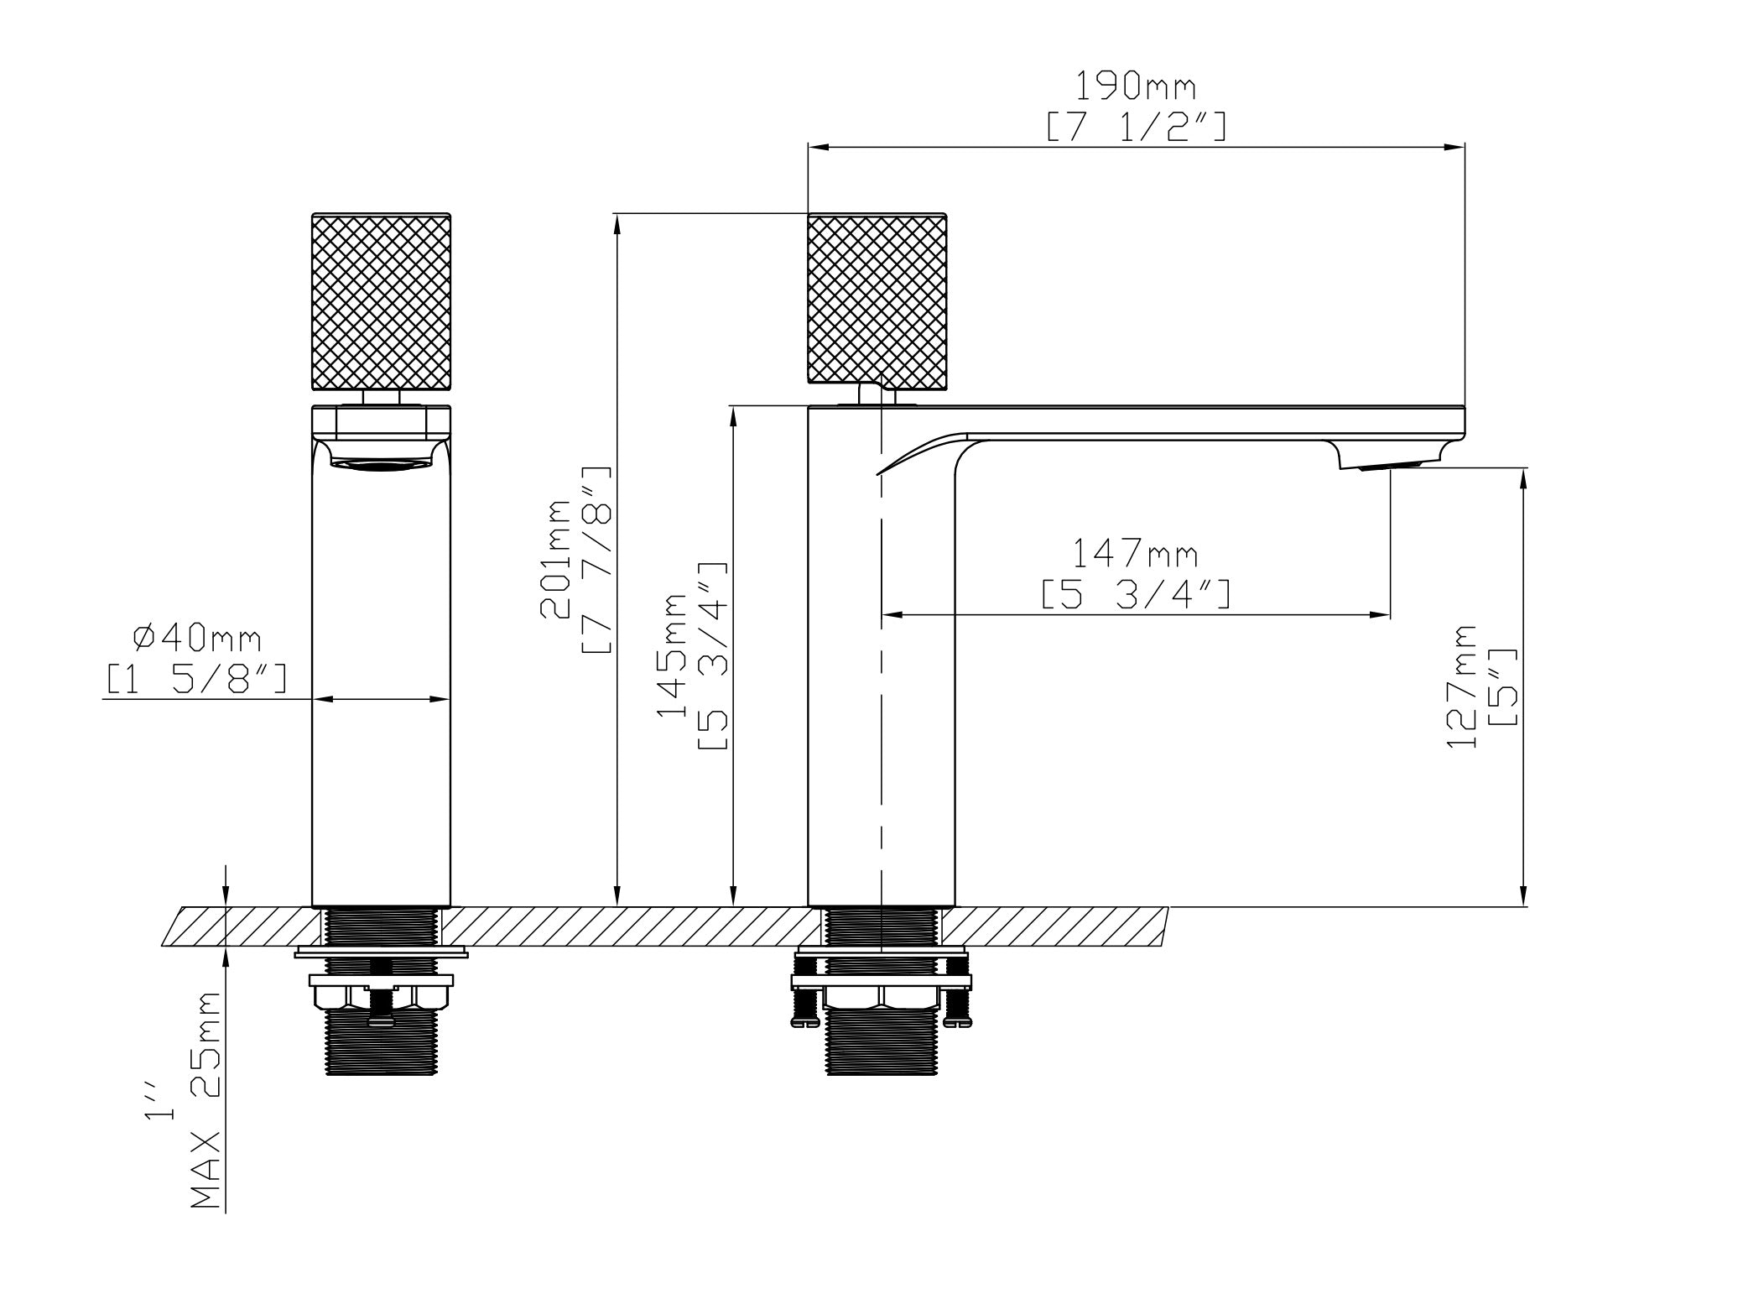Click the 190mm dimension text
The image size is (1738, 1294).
click(1136, 86)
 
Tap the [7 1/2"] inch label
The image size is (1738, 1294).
click(1136, 127)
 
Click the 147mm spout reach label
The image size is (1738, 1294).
click(1136, 555)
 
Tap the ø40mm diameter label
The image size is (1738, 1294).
click(198, 639)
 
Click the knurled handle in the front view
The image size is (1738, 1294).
click(381, 302)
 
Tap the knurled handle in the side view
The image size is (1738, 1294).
click(877, 300)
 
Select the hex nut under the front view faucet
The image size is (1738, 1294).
click(382, 997)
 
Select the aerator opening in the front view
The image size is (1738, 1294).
click(382, 463)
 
